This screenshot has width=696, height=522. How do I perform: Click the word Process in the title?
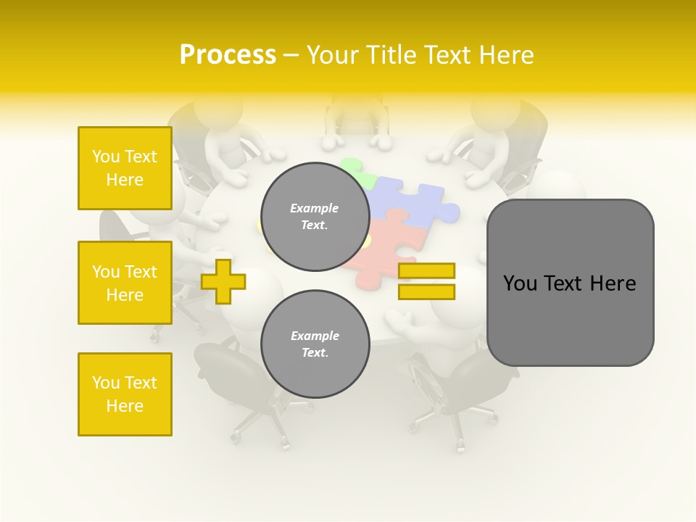coord(228,54)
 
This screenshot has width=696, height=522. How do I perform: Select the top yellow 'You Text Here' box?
coord(125,168)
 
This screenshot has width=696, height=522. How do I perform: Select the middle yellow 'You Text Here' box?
coord(125,283)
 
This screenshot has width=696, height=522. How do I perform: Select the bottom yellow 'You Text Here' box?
coord(125,394)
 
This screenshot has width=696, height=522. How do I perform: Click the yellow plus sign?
coord(223,281)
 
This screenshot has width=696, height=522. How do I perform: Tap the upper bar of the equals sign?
coord(426,270)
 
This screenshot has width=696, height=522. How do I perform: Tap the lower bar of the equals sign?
coord(426,292)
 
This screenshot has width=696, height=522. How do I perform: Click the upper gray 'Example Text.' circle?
coord(315,217)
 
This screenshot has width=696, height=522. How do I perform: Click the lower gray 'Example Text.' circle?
coord(315,344)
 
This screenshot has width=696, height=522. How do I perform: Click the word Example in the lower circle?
coord(315,336)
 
